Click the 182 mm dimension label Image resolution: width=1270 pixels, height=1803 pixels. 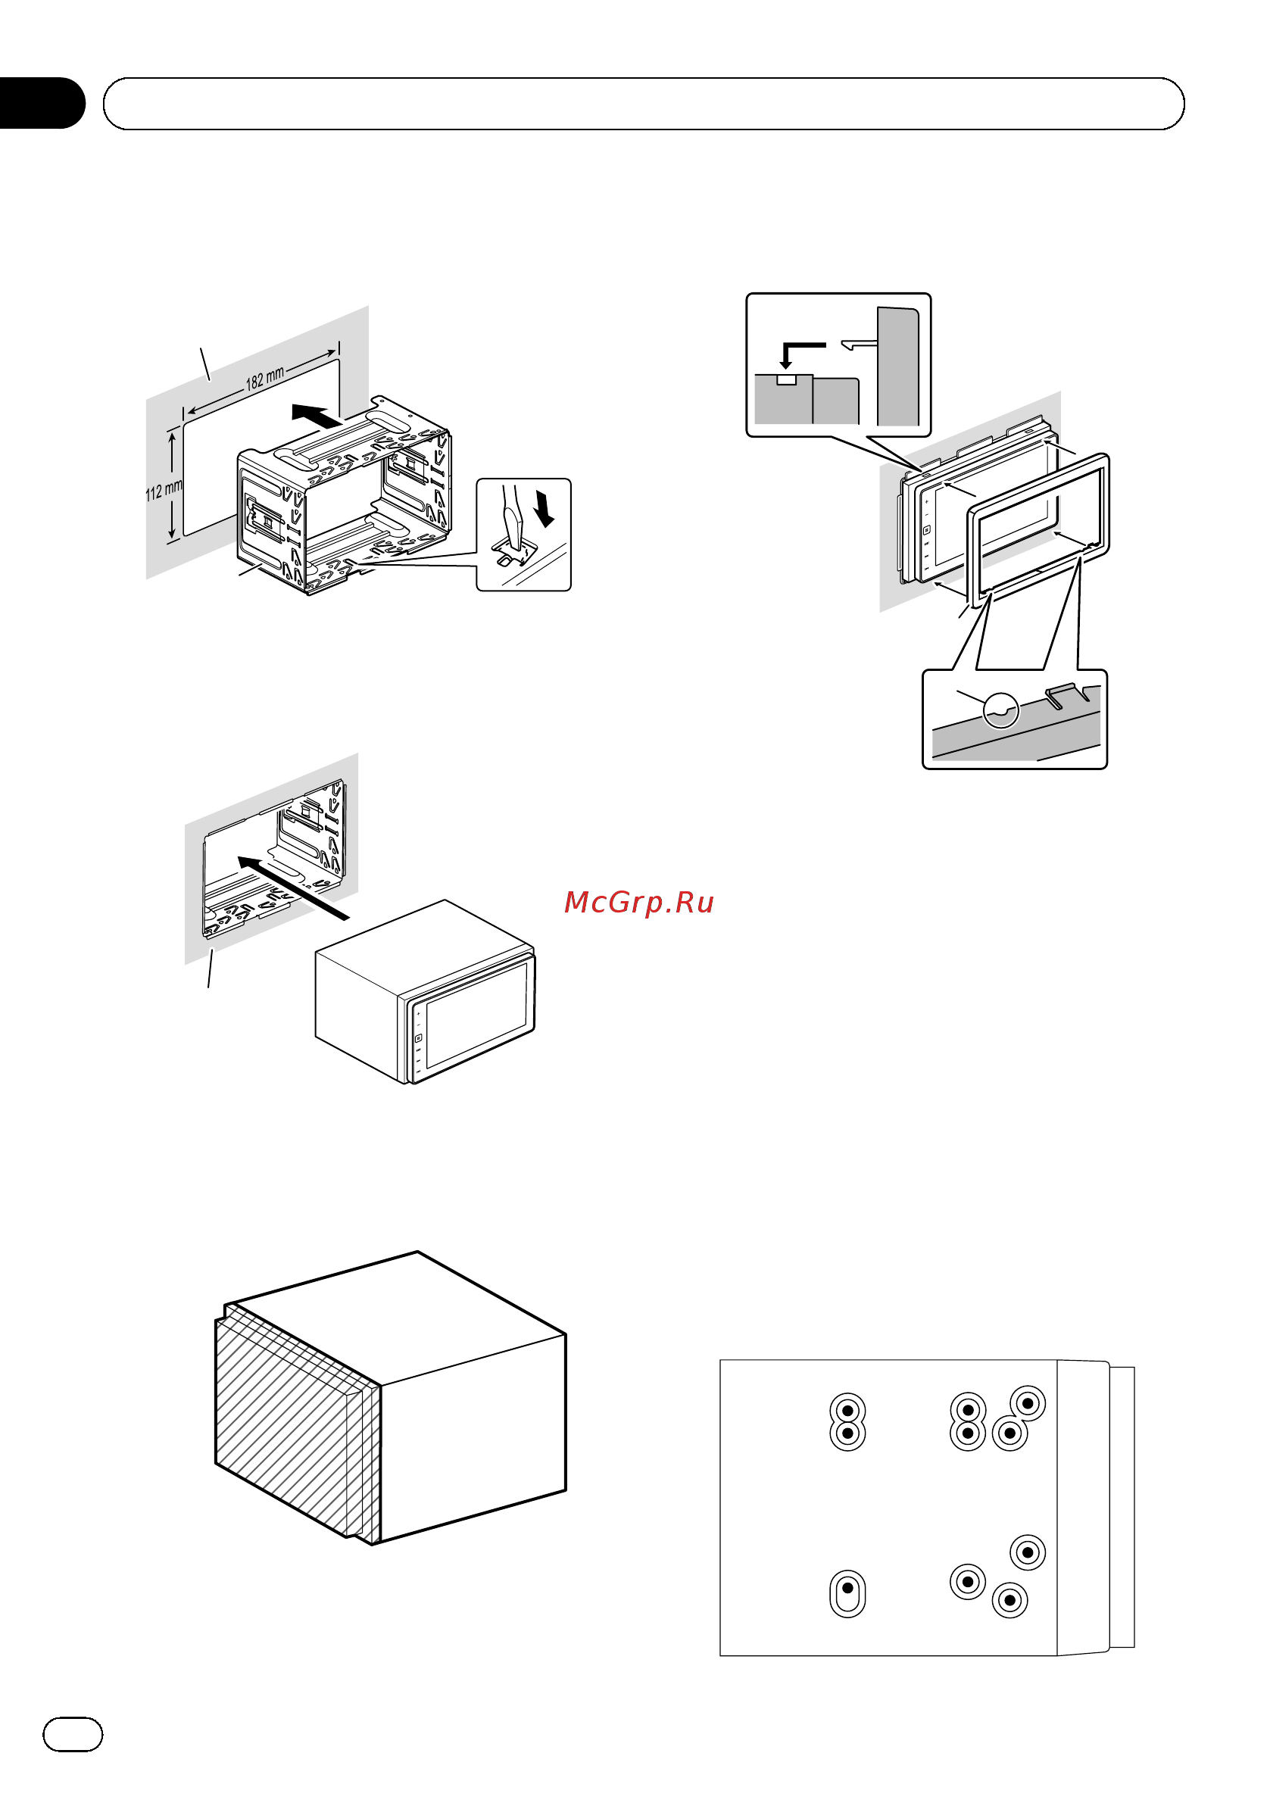[265, 379]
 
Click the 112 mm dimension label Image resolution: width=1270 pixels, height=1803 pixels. [164, 491]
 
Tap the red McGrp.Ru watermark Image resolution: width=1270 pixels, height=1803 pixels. [638, 903]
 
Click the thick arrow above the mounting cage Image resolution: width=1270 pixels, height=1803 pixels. [317, 416]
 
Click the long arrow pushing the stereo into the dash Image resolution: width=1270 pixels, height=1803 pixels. [292, 887]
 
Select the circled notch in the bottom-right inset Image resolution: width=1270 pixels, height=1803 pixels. [1000, 711]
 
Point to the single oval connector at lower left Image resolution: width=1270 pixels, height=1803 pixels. [847, 1593]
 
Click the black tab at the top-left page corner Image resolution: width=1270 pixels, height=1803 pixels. [42, 103]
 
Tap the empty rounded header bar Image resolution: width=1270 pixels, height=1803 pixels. [643, 104]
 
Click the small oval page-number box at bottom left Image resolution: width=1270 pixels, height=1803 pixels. [72, 1735]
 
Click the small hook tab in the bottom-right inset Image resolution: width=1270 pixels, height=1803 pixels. [1066, 694]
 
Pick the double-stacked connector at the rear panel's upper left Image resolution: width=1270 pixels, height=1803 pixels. [847, 1421]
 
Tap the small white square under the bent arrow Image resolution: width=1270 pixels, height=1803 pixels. [786, 380]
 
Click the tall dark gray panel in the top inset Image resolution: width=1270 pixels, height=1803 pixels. [897, 367]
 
